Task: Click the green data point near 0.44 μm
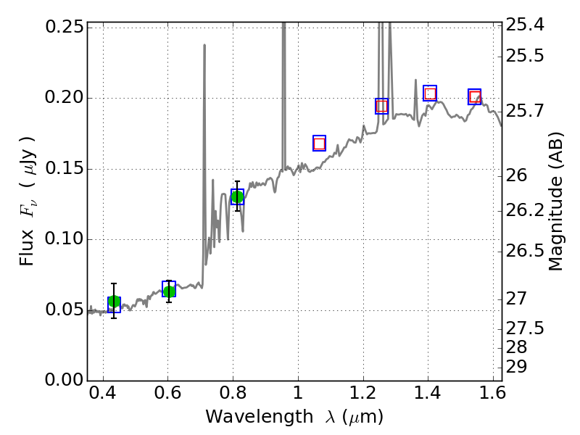[114, 302]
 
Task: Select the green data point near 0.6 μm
[169, 291]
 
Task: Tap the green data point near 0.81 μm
[237, 196]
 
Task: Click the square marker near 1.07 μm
[319, 144]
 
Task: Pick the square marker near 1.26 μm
[381, 107]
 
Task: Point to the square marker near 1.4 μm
[430, 94]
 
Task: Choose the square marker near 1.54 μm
[475, 97]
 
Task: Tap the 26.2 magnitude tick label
[527, 211]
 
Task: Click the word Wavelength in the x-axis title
[248, 417]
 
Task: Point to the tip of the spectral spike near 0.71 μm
[204, 45]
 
